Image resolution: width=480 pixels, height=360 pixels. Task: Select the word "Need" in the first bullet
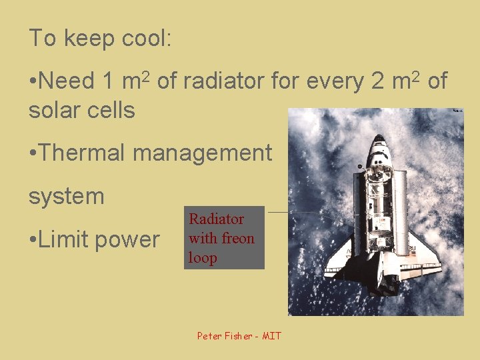(x=67, y=81)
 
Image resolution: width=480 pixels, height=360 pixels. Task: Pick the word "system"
(x=67, y=197)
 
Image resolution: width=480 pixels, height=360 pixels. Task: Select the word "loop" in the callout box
(x=203, y=257)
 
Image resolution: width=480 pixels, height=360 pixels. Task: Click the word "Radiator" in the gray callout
(x=217, y=219)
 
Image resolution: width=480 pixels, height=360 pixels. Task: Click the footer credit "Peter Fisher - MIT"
(x=239, y=335)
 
